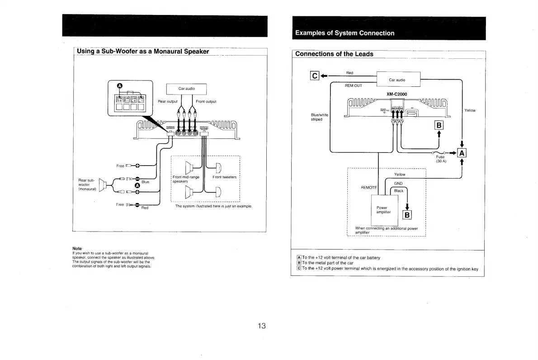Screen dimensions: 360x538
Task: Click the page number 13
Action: click(261, 326)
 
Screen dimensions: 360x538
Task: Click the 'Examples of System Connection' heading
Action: click(345, 33)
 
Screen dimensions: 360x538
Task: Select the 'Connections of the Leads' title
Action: click(334, 54)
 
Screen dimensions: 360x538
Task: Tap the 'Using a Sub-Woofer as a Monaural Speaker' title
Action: click(143, 51)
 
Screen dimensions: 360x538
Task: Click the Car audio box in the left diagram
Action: click(186, 89)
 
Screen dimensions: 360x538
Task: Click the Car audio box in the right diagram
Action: click(397, 80)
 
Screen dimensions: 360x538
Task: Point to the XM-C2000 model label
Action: click(397, 94)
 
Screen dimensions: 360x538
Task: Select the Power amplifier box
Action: click(384, 210)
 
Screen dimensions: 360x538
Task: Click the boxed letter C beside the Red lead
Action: click(315, 76)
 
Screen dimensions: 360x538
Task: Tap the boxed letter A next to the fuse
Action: click(462, 153)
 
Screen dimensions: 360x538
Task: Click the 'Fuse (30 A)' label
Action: click(440, 159)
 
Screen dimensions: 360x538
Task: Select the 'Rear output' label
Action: click(169, 101)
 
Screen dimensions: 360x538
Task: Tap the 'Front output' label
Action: click(206, 101)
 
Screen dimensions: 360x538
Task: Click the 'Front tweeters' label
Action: click(224, 177)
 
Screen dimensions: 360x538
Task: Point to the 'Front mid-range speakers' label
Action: click(186, 179)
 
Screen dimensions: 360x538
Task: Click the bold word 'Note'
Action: click(77, 248)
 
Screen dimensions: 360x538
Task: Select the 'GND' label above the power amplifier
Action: click(398, 183)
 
